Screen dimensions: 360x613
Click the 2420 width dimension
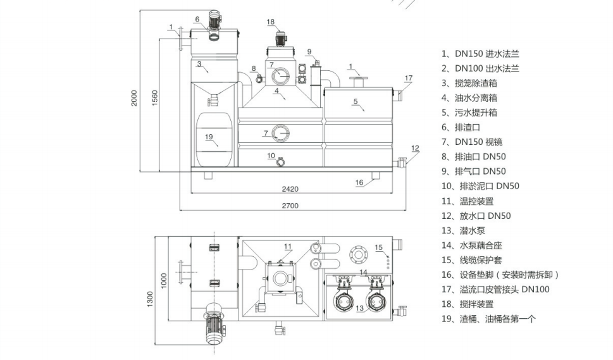tap(290, 189)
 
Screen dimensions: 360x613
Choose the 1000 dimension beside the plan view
tap(164, 279)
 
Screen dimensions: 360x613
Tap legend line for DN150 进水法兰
tap(481, 54)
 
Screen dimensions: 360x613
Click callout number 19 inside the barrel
tap(209, 137)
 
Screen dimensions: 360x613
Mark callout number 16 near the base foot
tap(359, 182)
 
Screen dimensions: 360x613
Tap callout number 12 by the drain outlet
tap(415, 148)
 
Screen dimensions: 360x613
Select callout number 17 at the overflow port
tap(408, 78)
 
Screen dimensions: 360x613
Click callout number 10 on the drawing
tap(270, 155)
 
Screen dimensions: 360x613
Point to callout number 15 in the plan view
tap(379, 247)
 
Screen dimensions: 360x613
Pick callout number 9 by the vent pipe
tap(309, 52)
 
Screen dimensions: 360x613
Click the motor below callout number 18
tap(278, 39)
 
